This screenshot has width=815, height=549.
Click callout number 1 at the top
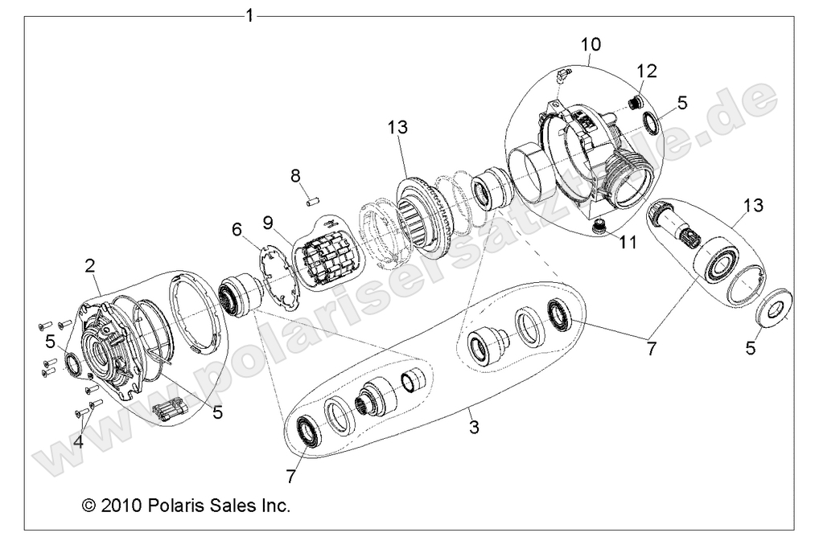coord(250,15)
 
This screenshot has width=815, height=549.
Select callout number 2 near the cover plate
coord(91,264)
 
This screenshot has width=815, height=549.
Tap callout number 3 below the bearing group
coord(474,427)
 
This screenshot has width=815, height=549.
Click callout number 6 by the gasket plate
coord(237,229)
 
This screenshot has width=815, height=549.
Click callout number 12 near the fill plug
coord(648,71)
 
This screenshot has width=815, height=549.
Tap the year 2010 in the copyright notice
coord(122,506)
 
